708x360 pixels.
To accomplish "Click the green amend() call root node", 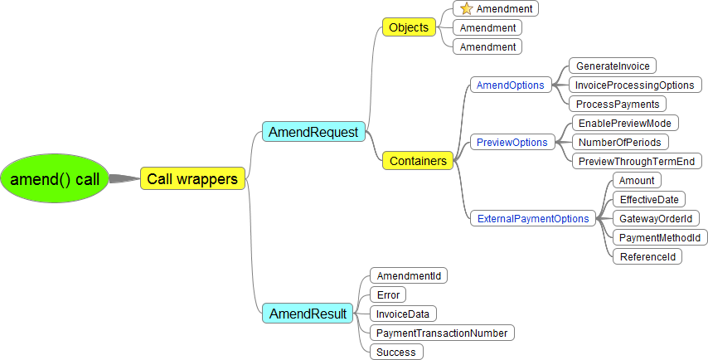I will coord(54,178).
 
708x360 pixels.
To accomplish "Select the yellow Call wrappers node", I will coord(192,178).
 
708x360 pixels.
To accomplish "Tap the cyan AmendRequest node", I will coord(313,132).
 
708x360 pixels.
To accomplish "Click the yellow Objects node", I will coord(409,27).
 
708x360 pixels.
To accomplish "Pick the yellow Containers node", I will coord(418,161).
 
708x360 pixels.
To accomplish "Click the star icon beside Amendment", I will coord(467,9).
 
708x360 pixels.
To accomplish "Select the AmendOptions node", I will coord(510,85).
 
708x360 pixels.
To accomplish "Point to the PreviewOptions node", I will coord(512,142).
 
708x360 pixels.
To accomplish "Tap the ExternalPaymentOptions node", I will coord(533,219).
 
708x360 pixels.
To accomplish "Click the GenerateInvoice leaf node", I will coord(613,66).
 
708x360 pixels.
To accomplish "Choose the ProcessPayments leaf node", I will coord(618,104).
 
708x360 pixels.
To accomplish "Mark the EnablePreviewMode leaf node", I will coord(624,123).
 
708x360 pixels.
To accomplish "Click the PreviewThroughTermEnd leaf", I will coord(636,161).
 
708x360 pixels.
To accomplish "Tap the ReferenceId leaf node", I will coord(647,256).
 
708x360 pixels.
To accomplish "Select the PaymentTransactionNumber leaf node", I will coord(442,333).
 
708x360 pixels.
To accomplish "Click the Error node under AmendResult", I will coord(388,294).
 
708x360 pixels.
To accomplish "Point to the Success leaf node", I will coord(396,352).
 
